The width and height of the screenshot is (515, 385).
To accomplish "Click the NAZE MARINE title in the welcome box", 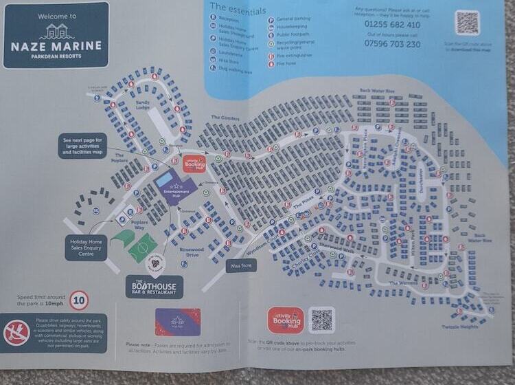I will tap(56, 46).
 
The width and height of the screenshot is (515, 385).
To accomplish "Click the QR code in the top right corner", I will tap(467, 23).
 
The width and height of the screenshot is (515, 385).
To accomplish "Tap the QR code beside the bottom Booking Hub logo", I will tap(321, 320).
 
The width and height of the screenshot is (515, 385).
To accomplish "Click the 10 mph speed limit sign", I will tap(80, 300).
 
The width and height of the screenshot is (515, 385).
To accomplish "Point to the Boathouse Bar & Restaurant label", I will tap(154, 286).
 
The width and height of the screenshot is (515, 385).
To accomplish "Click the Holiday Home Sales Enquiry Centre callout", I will tap(87, 247).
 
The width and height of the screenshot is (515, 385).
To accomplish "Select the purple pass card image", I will tap(177, 321).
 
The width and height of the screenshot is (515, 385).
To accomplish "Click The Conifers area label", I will tap(225, 118).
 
